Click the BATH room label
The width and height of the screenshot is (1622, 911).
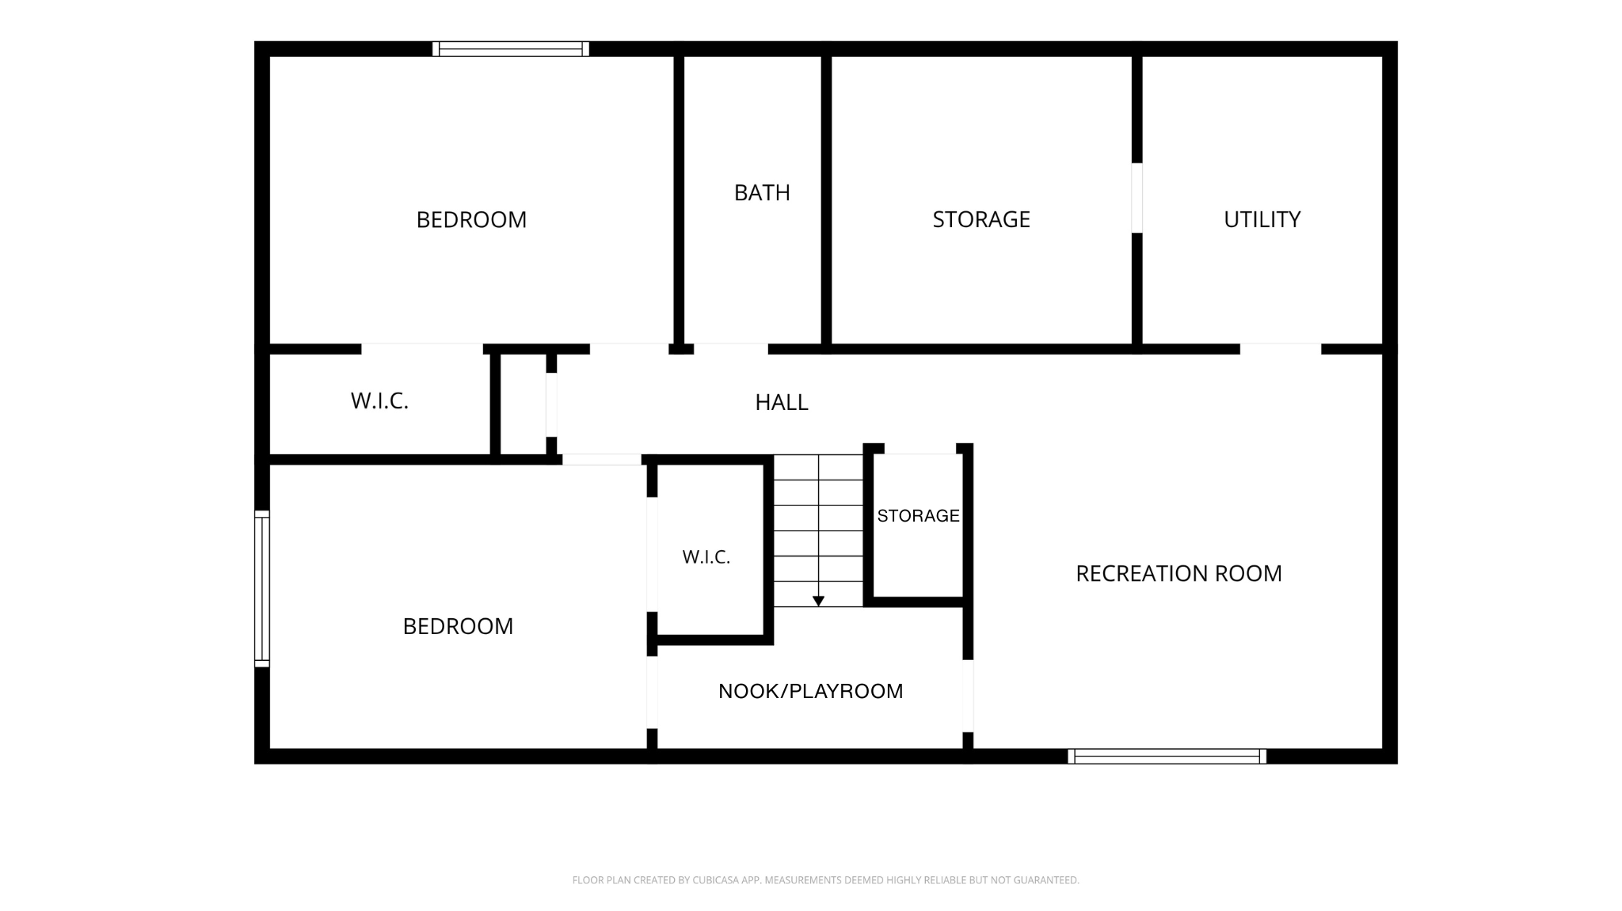tap(762, 193)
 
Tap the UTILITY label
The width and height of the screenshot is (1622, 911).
tap(1262, 219)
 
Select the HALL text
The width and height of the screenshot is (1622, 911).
tap(782, 403)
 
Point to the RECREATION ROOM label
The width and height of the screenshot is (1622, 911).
tap(1178, 574)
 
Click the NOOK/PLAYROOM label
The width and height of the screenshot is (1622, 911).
tap(810, 691)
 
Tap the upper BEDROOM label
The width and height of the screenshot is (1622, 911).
tap(471, 219)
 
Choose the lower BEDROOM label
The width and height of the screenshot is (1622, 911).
tap(458, 626)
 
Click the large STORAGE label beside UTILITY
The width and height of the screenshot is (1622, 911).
tap(981, 219)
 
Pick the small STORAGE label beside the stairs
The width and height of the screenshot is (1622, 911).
tap(918, 516)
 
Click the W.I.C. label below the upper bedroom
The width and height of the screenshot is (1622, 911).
tap(379, 401)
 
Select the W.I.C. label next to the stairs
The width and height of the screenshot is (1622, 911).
tap(706, 557)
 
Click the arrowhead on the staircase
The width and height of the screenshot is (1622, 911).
tap(818, 602)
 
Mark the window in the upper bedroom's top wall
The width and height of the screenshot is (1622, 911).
tap(511, 49)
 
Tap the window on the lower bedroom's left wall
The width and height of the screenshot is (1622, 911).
tap(262, 589)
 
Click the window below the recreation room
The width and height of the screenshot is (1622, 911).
tap(1167, 757)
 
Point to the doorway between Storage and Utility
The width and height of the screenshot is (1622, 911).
tap(1137, 198)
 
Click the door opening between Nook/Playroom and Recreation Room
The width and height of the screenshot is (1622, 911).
tap(968, 696)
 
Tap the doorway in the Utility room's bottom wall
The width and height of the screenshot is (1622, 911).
tap(1281, 349)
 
